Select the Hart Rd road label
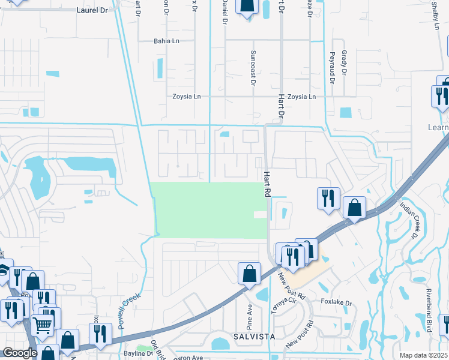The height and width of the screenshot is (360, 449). [x=265, y=184]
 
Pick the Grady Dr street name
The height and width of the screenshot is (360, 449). [x=345, y=62]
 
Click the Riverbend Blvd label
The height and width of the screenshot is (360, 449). [x=429, y=306]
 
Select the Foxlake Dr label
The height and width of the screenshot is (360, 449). [x=335, y=302]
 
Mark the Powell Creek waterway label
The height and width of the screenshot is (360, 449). [x=130, y=309]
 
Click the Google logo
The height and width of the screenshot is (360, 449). [x=20, y=353]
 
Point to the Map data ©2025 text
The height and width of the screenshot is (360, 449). [x=423, y=355]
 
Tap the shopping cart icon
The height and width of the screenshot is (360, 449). [x=43, y=325]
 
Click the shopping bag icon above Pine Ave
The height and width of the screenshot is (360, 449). [x=249, y=274]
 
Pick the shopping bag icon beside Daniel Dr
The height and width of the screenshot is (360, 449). [x=247, y=7]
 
